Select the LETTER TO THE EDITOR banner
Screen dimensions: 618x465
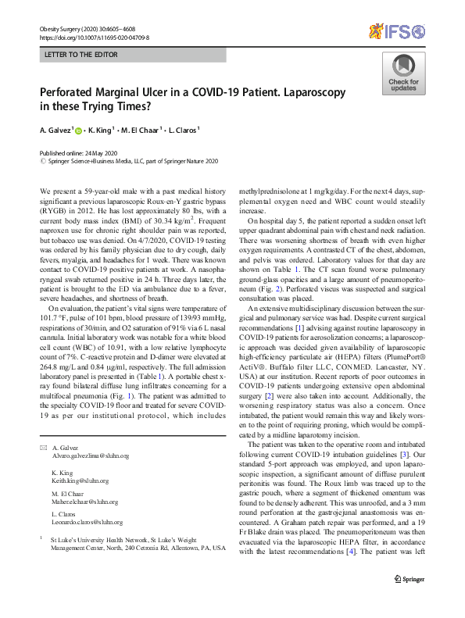[132, 55]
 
